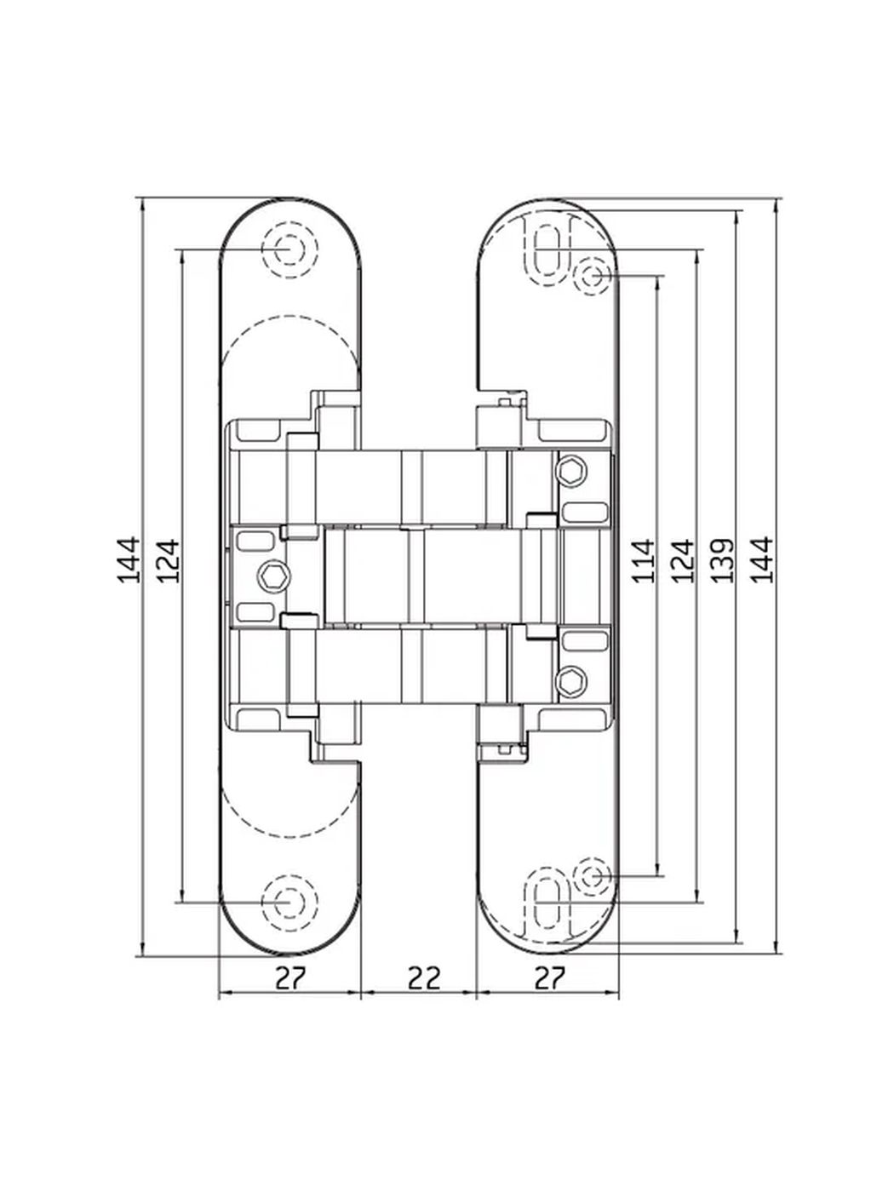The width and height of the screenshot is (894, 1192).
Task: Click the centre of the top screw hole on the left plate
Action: pyautogui.click(x=289, y=249)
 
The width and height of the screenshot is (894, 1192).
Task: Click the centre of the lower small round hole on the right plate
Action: pyautogui.click(x=593, y=876)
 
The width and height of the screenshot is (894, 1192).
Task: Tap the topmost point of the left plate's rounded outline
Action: pyautogui.click(x=289, y=198)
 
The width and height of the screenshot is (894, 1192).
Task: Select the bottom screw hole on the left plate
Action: pyautogui.click(x=289, y=903)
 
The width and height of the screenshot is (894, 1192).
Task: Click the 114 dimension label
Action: pyautogui.click(x=645, y=560)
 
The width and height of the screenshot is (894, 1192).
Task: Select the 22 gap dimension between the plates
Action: pyautogui.click(x=424, y=978)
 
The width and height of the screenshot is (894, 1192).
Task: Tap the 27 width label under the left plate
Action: pyautogui.click(x=290, y=978)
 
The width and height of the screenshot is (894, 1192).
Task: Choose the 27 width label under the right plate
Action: pyautogui.click(x=549, y=978)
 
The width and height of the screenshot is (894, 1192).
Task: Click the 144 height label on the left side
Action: pyautogui.click(x=129, y=560)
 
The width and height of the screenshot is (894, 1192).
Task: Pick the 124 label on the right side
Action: pyautogui.click(x=684, y=560)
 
